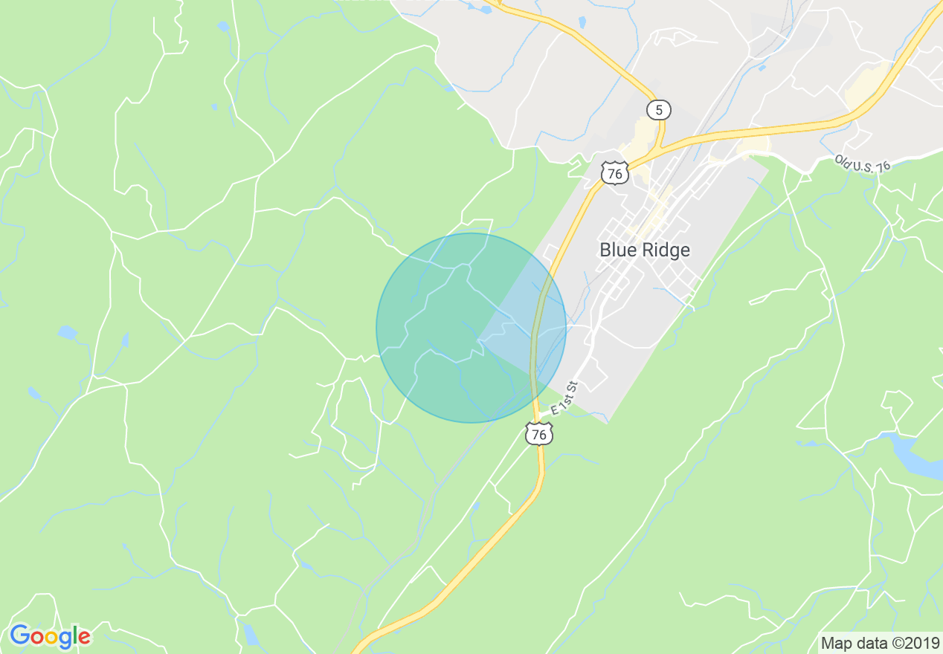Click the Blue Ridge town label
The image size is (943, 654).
(x=645, y=250)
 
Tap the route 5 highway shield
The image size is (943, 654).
(x=658, y=110)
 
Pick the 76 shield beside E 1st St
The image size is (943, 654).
(x=539, y=434)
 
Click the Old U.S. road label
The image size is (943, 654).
(x=862, y=163)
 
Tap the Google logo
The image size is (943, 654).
(x=50, y=637)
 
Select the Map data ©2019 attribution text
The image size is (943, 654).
(x=880, y=643)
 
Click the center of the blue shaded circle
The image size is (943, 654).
(x=471, y=328)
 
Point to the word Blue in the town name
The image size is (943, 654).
(x=617, y=250)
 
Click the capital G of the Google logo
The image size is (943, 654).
(x=19, y=636)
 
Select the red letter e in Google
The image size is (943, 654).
(x=83, y=638)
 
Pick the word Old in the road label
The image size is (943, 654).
(x=843, y=160)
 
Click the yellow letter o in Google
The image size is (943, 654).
(x=51, y=638)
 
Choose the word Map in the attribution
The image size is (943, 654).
(x=835, y=643)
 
